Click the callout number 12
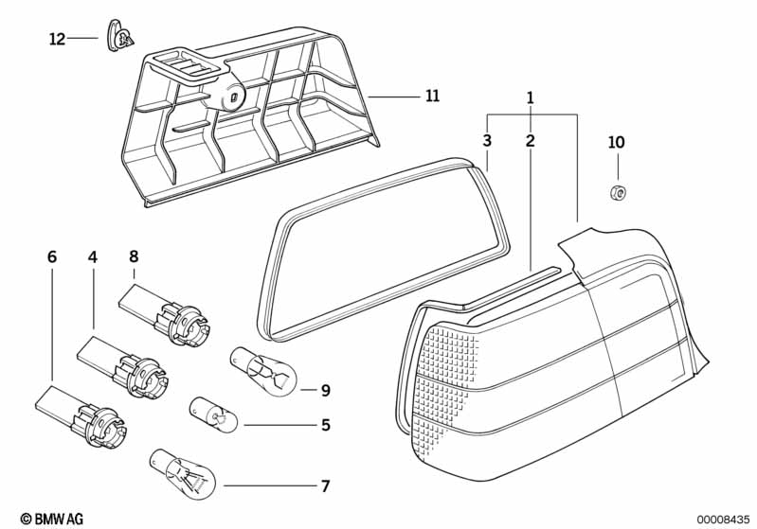[x=57, y=39]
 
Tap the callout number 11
[x=433, y=96]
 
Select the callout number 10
[x=617, y=142]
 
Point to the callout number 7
[x=326, y=486]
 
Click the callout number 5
[x=326, y=425]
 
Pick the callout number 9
[x=326, y=390]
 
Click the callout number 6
[x=52, y=257]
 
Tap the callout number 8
[x=134, y=256]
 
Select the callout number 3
[x=487, y=141]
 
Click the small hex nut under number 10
[x=618, y=193]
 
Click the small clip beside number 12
[x=119, y=36]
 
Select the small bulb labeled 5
[x=213, y=414]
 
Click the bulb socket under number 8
[x=165, y=315]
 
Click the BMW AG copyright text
[x=52, y=519]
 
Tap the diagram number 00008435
[x=722, y=520]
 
